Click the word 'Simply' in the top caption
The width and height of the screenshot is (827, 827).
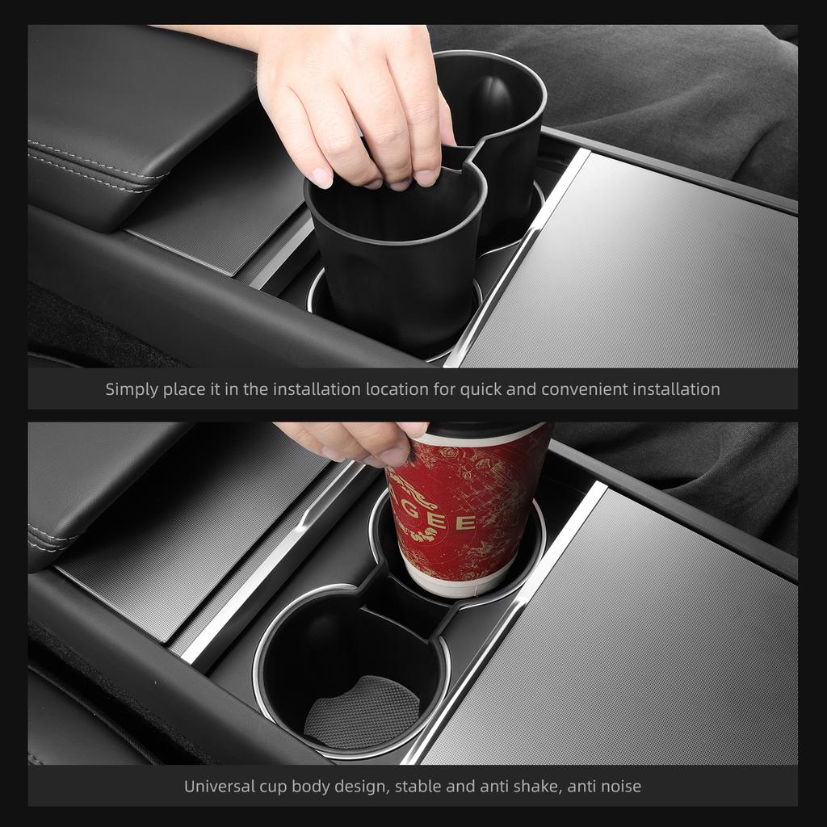132,389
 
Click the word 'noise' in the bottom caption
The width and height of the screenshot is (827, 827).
619,786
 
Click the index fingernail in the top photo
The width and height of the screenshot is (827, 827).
321,178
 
